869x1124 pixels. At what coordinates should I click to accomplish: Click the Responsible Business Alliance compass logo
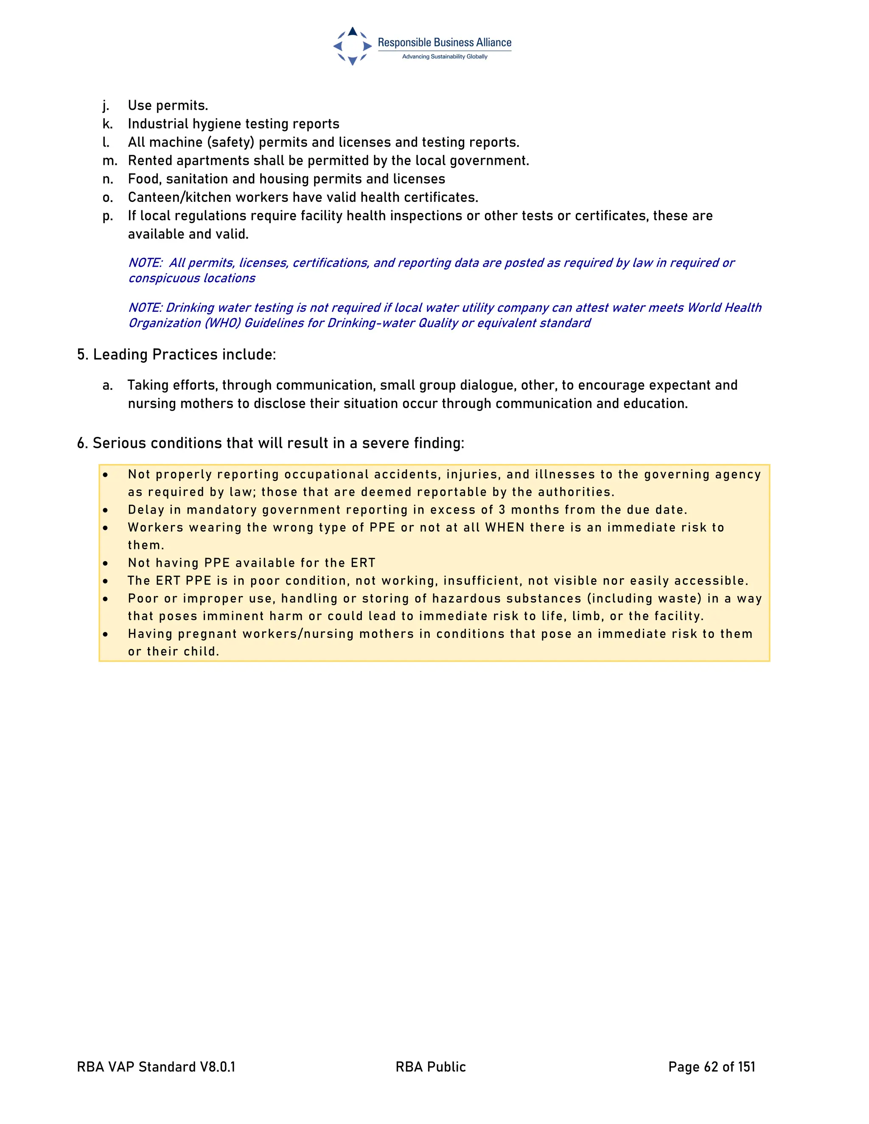(352, 46)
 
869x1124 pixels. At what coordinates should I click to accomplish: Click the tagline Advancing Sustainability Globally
(444, 56)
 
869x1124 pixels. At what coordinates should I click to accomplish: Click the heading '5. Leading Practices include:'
(176, 355)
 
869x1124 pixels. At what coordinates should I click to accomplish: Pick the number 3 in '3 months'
(502, 510)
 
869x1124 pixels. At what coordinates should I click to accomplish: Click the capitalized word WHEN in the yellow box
(505, 528)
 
